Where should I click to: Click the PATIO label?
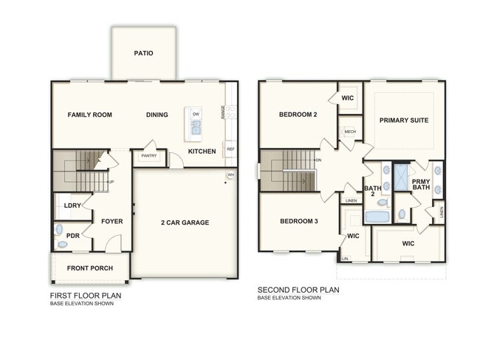(144, 53)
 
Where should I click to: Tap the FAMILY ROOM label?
(90, 115)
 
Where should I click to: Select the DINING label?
(157, 115)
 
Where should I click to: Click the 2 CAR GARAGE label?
(185, 223)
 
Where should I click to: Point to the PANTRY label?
(148, 156)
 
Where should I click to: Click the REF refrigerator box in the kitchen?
(230, 149)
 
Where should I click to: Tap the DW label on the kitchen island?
(196, 115)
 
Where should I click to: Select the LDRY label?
(72, 206)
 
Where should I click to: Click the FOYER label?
(112, 221)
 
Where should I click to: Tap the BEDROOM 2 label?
(298, 115)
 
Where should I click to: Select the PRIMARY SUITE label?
(404, 120)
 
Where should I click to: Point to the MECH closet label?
(351, 132)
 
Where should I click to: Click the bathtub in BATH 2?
(377, 217)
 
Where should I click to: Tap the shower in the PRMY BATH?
(401, 177)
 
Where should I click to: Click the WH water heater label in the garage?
(230, 175)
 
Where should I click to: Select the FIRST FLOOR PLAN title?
(86, 295)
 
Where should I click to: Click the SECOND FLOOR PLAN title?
(298, 290)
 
